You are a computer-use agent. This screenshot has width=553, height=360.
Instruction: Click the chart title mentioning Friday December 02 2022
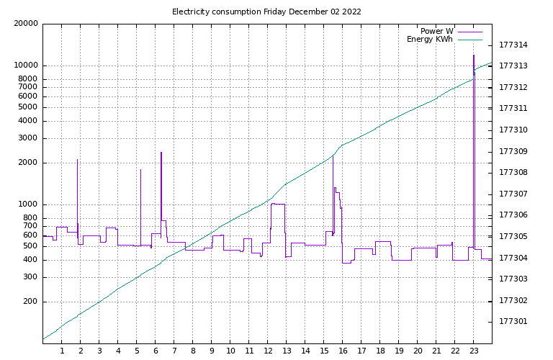tap(266, 12)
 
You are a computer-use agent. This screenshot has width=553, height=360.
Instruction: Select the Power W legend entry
tap(437, 31)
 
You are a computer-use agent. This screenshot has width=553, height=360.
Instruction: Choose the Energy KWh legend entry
tap(430, 40)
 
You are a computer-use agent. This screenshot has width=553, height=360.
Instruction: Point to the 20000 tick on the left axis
tap(26, 24)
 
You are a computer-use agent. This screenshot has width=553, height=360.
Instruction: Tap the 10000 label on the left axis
tap(26, 66)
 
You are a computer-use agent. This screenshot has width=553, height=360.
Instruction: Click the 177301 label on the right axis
tap(513, 321)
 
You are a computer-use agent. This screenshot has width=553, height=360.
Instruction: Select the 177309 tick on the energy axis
tap(513, 151)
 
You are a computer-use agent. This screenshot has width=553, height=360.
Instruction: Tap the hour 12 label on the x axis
tap(268, 351)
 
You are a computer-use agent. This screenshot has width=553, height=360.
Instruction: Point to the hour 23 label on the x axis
tap(474, 351)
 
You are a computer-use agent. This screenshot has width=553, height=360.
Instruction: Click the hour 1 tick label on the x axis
tap(62, 351)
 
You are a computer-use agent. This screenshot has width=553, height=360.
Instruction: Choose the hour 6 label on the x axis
tap(156, 351)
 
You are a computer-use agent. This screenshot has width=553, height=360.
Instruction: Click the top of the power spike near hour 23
tap(473, 55)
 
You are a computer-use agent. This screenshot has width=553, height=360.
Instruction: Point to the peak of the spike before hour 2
tap(77, 160)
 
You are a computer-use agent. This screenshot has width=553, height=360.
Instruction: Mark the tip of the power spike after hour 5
tap(140, 170)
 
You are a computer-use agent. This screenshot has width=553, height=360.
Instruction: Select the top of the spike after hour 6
tap(161, 153)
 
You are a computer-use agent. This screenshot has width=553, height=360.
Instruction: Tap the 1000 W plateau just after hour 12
tap(278, 204)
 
